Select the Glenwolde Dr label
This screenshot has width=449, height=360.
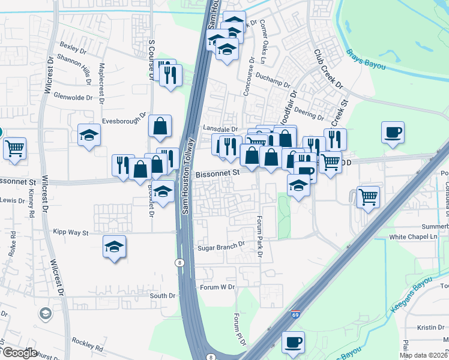click(x=73, y=97)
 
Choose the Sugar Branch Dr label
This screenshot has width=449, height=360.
click(x=222, y=245)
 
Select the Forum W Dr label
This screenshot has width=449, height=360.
click(x=218, y=287)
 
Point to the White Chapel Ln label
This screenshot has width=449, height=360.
click(x=414, y=237)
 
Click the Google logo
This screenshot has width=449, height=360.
click(x=19, y=353)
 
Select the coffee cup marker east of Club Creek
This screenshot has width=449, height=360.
click(x=393, y=131)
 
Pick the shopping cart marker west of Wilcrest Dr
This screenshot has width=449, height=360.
click(x=14, y=147)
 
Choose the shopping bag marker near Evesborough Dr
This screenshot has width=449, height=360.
click(x=160, y=126)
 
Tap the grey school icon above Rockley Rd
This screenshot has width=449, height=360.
click(x=45, y=314)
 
